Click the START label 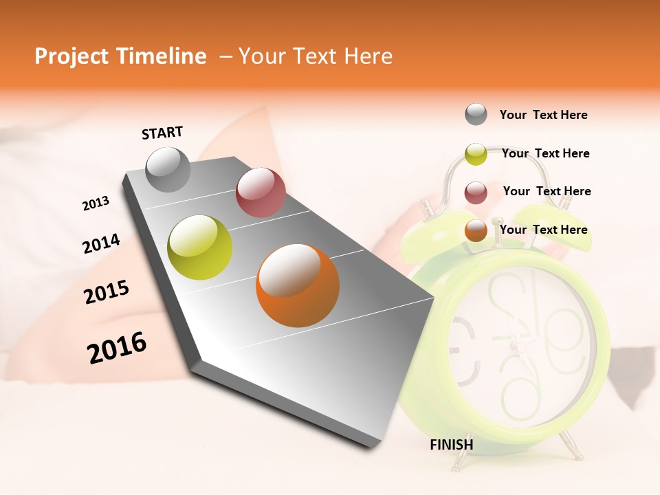click(162, 133)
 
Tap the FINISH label click(452, 445)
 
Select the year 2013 click(96, 203)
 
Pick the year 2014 click(101, 244)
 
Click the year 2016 click(117, 348)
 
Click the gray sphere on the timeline click(168, 169)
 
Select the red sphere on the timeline click(261, 192)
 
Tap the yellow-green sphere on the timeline click(200, 247)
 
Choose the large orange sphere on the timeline click(298, 285)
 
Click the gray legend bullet click(476, 115)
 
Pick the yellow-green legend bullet click(476, 154)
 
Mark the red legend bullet click(476, 192)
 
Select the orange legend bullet click(476, 230)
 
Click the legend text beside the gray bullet click(543, 115)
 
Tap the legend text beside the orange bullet click(543, 230)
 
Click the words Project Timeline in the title click(120, 56)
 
